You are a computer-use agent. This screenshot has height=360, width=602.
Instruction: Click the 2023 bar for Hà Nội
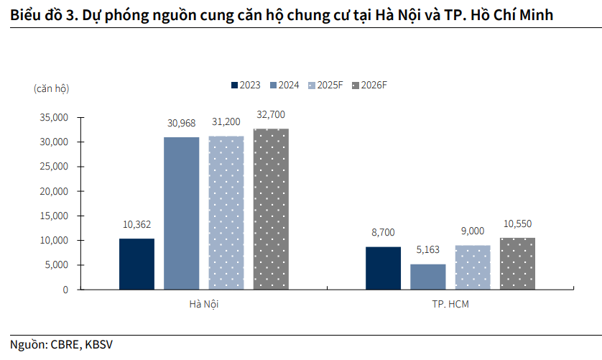click(136, 264)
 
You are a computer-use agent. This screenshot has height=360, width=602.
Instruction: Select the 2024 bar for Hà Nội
click(181, 213)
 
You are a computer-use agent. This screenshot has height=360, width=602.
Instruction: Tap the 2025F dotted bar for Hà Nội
click(226, 213)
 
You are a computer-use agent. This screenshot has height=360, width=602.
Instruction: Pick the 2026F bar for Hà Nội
click(271, 209)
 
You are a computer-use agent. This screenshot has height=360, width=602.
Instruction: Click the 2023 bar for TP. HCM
click(383, 268)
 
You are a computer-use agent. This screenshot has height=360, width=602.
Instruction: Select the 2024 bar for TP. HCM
click(428, 277)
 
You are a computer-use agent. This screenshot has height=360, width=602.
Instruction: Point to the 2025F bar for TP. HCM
click(473, 267)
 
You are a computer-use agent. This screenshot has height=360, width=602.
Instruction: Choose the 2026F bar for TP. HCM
click(517, 264)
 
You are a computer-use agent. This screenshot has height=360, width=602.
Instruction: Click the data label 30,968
click(181, 124)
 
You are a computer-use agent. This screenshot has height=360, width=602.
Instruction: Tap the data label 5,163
click(428, 251)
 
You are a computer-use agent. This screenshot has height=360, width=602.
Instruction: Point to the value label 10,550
click(517, 224)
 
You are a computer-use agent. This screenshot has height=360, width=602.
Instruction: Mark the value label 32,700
click(271, 115)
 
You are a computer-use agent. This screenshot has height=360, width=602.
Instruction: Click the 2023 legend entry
click(246, 85)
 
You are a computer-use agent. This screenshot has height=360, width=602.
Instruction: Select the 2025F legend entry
click(325, 85)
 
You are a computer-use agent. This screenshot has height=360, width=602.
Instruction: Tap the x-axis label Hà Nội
click(203, 304)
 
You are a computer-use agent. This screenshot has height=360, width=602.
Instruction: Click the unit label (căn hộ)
click(51, 88)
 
